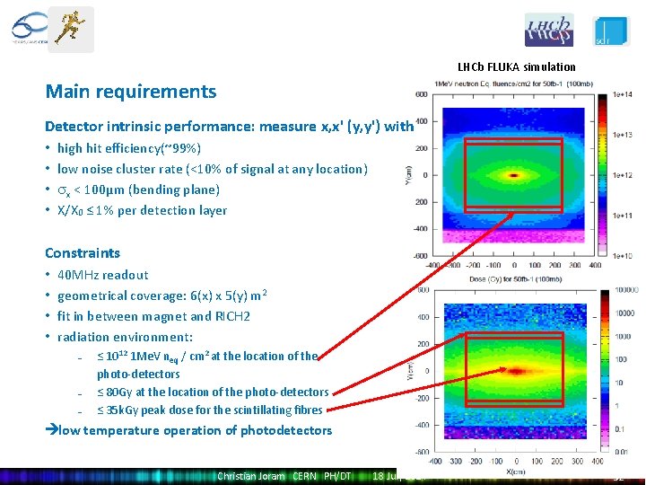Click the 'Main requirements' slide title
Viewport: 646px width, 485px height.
(x=131, y=92)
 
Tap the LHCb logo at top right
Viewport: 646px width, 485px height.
(x=548, y=30)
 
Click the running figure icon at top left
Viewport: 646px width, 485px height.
(x=70, y=28)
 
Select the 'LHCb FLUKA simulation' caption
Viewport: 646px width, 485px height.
(x=516, y=66)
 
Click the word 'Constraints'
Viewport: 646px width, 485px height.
(x=83, y=253)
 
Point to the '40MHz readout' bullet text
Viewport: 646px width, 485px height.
(x=102, y=275)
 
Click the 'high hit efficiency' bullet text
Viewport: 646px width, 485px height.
(x=129, y=148)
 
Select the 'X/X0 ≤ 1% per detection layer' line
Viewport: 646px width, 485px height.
(x=142, y=210)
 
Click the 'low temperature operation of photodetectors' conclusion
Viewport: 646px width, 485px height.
(x=194, y=430)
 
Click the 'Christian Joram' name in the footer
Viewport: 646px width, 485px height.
(x=250, y=476)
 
